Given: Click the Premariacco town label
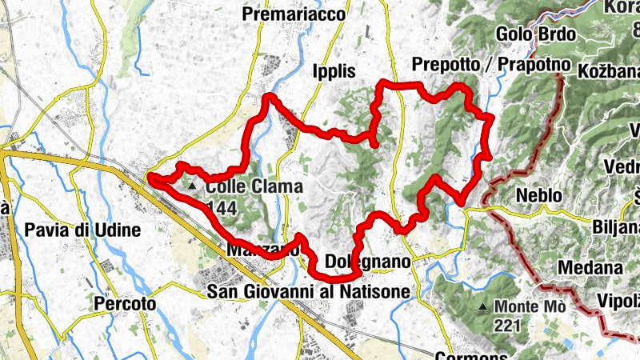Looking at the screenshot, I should (294, 14).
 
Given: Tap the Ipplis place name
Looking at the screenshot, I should (334, 70).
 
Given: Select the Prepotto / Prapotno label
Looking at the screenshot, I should (490, 64).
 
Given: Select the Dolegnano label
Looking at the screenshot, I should (368, 262).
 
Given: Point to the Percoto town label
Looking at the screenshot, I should (124, 304).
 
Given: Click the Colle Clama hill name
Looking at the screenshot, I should (254, 186).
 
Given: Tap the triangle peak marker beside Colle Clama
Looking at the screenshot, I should (192, 186).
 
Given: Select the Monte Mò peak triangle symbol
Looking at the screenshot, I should (483, 306).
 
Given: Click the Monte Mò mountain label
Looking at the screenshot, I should (530, 306).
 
